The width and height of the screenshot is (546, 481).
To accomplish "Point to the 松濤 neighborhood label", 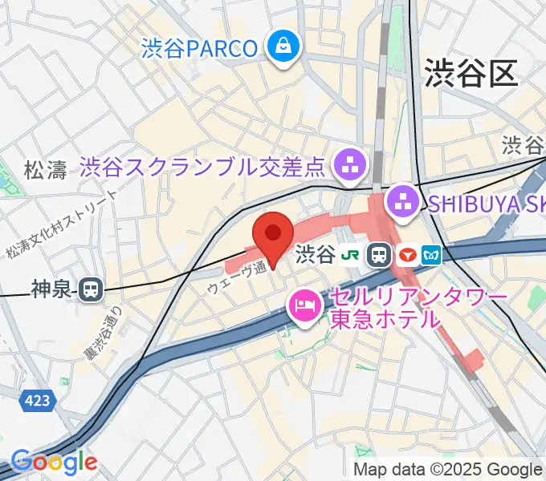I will pos(46,170).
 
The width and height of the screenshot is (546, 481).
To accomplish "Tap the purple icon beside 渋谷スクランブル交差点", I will pos(350,167).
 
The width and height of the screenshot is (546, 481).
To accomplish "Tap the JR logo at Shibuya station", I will pos(350,256).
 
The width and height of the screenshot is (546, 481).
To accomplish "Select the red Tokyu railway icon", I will pos(407,256).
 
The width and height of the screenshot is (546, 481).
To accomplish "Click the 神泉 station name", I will pos(53,289).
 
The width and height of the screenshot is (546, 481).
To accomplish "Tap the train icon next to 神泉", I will pos(93,289).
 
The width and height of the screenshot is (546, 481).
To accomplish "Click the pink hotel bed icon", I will pos(304,305).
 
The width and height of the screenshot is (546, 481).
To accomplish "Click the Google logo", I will pos(54,462).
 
